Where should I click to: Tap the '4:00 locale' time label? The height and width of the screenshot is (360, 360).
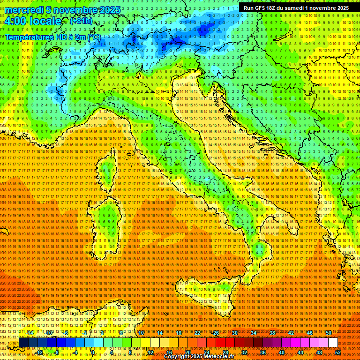[x=33, y=22]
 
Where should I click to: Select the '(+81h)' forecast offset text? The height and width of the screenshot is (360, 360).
[x=81, y=21]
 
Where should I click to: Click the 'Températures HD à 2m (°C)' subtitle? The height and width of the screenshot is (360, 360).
[x=53, y=37]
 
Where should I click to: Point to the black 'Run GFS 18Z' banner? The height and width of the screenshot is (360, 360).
[x=296, y=8]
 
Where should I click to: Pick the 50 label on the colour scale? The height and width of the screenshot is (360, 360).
[x=328, y=333]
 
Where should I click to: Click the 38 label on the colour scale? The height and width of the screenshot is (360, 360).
[x=272, y=333]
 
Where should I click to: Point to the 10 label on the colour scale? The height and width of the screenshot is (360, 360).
[x=141, y=333]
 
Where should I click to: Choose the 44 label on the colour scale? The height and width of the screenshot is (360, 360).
[x=301, y=352]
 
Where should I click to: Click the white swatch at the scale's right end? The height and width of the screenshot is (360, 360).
[x=333, y=342]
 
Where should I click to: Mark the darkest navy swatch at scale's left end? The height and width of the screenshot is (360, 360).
[x=23, y=342]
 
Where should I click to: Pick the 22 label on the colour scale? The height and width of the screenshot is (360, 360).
[x=197, y=333]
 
